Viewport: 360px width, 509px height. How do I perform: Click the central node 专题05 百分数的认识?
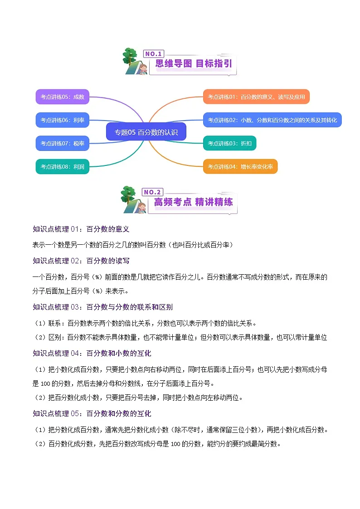(x=146, y=132)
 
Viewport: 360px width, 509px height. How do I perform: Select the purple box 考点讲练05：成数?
(x=62, y=97)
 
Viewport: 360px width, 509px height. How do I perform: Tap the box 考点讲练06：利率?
(x=62, y=120)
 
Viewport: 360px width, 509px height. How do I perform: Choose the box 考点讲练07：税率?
(x=62, y=143)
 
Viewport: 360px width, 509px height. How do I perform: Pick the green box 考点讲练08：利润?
(x=62, y=166)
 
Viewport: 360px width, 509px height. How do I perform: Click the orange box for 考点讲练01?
(x=256, y=97)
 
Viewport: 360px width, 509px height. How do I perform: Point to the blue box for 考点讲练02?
(x=272, y=120)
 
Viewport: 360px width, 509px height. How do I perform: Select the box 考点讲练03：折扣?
(x=230, y=143)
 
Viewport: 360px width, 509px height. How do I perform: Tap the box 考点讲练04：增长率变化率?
(x=240, y=166)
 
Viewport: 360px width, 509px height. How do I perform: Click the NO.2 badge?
(x=152, y=192)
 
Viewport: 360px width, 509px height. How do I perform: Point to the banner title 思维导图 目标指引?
(x=194, y=64)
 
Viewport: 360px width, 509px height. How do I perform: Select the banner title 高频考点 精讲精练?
(x=194, y=202)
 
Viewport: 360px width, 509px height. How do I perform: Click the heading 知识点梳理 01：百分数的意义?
(x=81, y=229)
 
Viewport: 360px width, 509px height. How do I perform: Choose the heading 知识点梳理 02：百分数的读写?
(x=81, y=261)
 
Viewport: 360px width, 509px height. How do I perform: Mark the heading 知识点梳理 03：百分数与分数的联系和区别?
(x=102, y=307)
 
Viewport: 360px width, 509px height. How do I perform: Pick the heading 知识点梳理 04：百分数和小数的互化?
(x=92, y=353)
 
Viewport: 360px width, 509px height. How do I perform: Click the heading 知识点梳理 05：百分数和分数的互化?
(x=92, y=413)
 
